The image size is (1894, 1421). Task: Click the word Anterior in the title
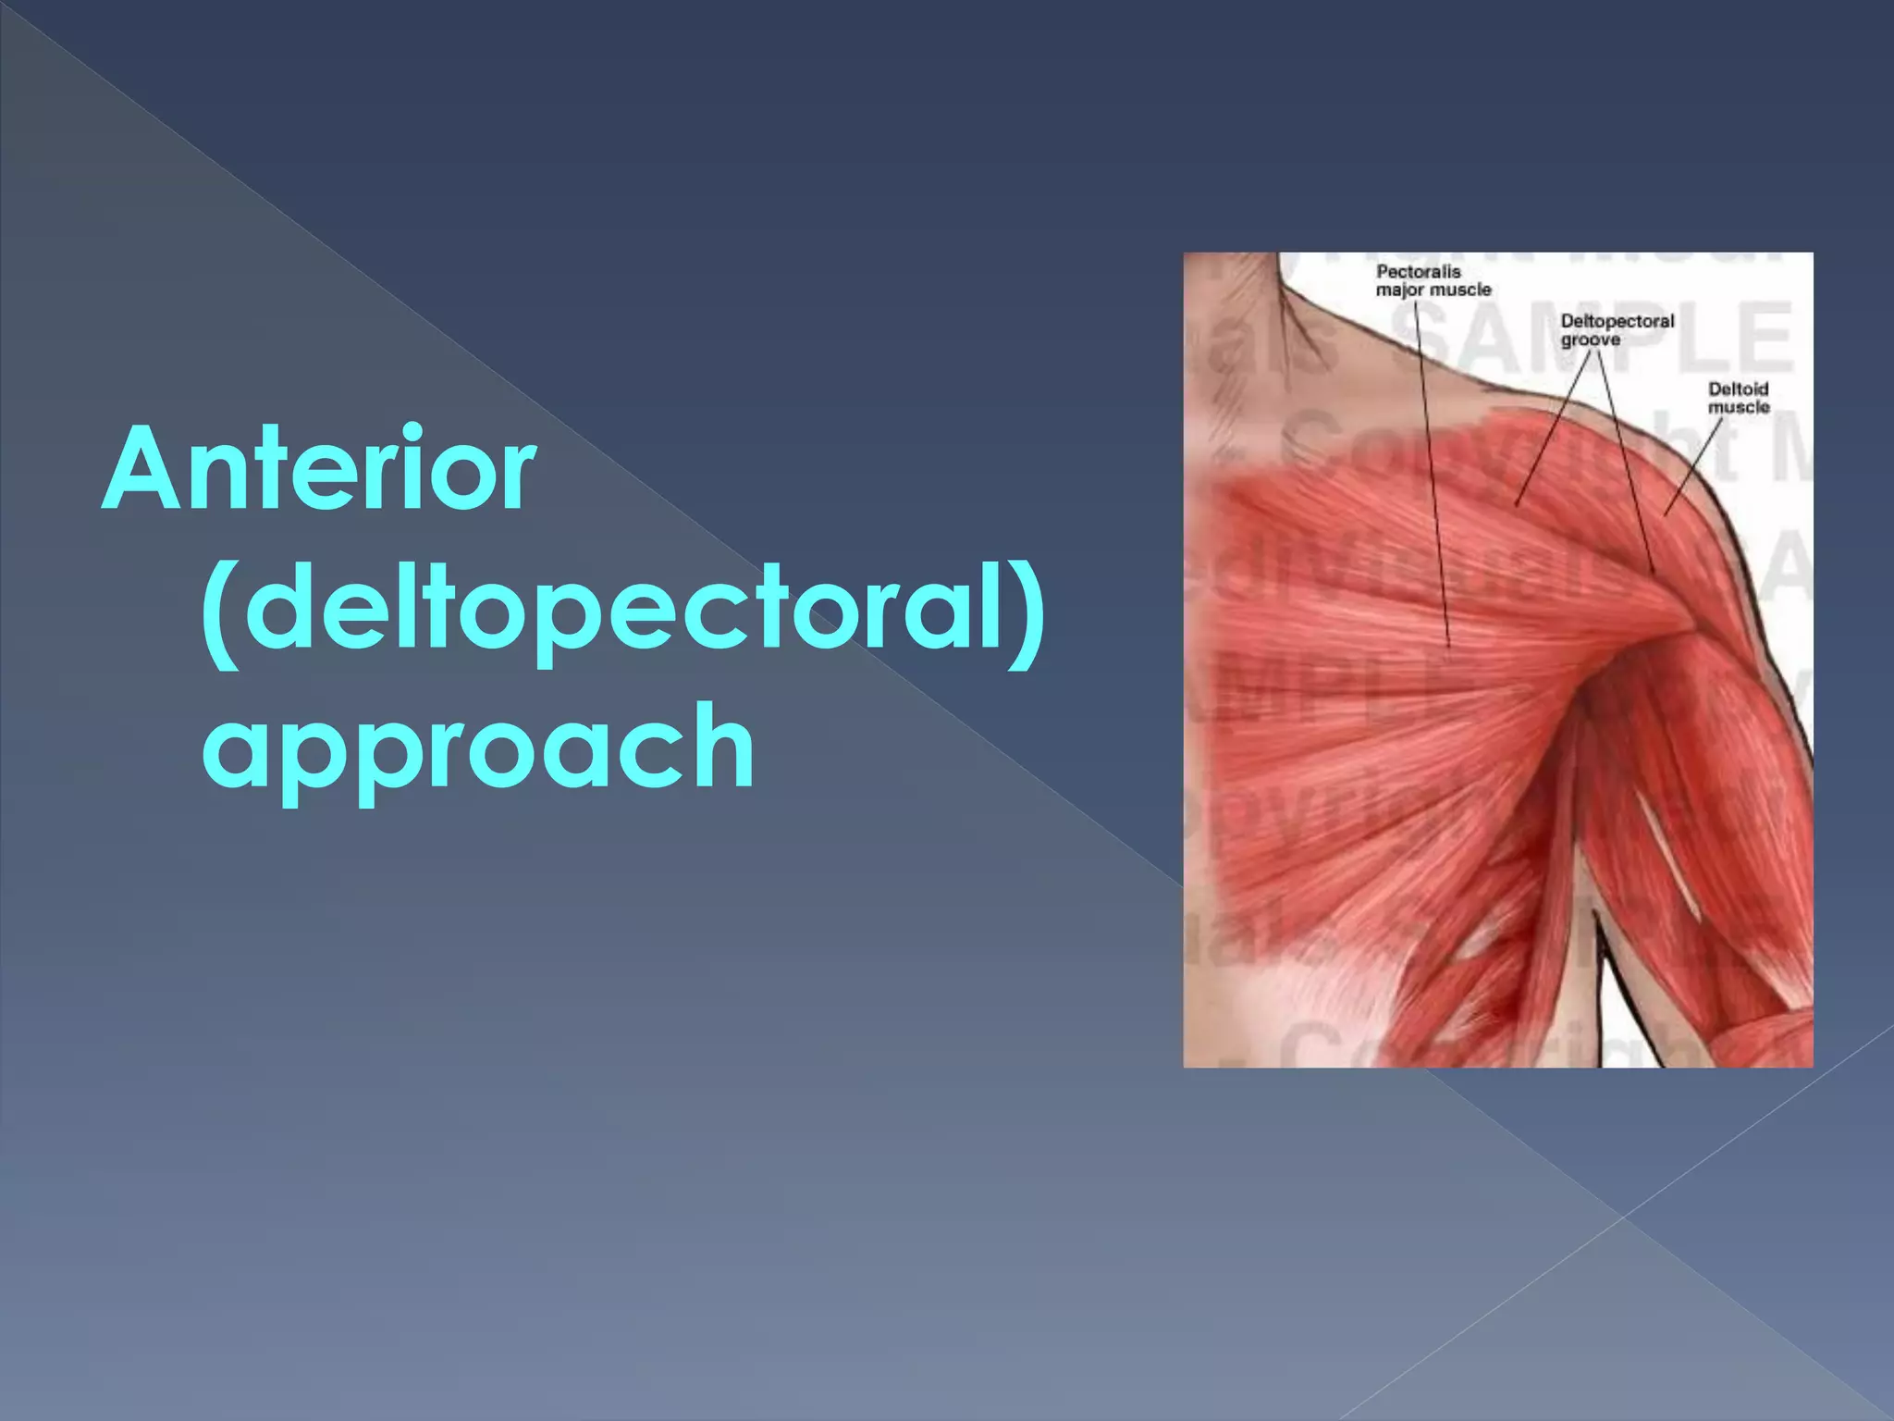coord(319,469)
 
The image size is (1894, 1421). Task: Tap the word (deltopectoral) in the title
coord(621,609)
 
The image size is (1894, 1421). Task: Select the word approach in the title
coord(478,747)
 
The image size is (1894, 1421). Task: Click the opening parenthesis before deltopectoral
coord(218,611)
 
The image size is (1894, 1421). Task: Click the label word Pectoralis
coord(1418,271)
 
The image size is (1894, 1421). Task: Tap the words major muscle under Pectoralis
coord(1433,290)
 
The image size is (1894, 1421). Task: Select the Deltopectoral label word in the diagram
coord(1617,321)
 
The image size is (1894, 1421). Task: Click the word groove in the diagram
coord(1590,340)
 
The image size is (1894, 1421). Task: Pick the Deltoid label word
coord(1738,389)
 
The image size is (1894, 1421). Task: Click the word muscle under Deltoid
coord(1738,407)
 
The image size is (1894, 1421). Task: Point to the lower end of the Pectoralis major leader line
coord(1449,646)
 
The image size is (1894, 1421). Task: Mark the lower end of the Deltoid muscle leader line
coord(1665,514)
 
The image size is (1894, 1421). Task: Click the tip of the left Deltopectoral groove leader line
coord(1517,505)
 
